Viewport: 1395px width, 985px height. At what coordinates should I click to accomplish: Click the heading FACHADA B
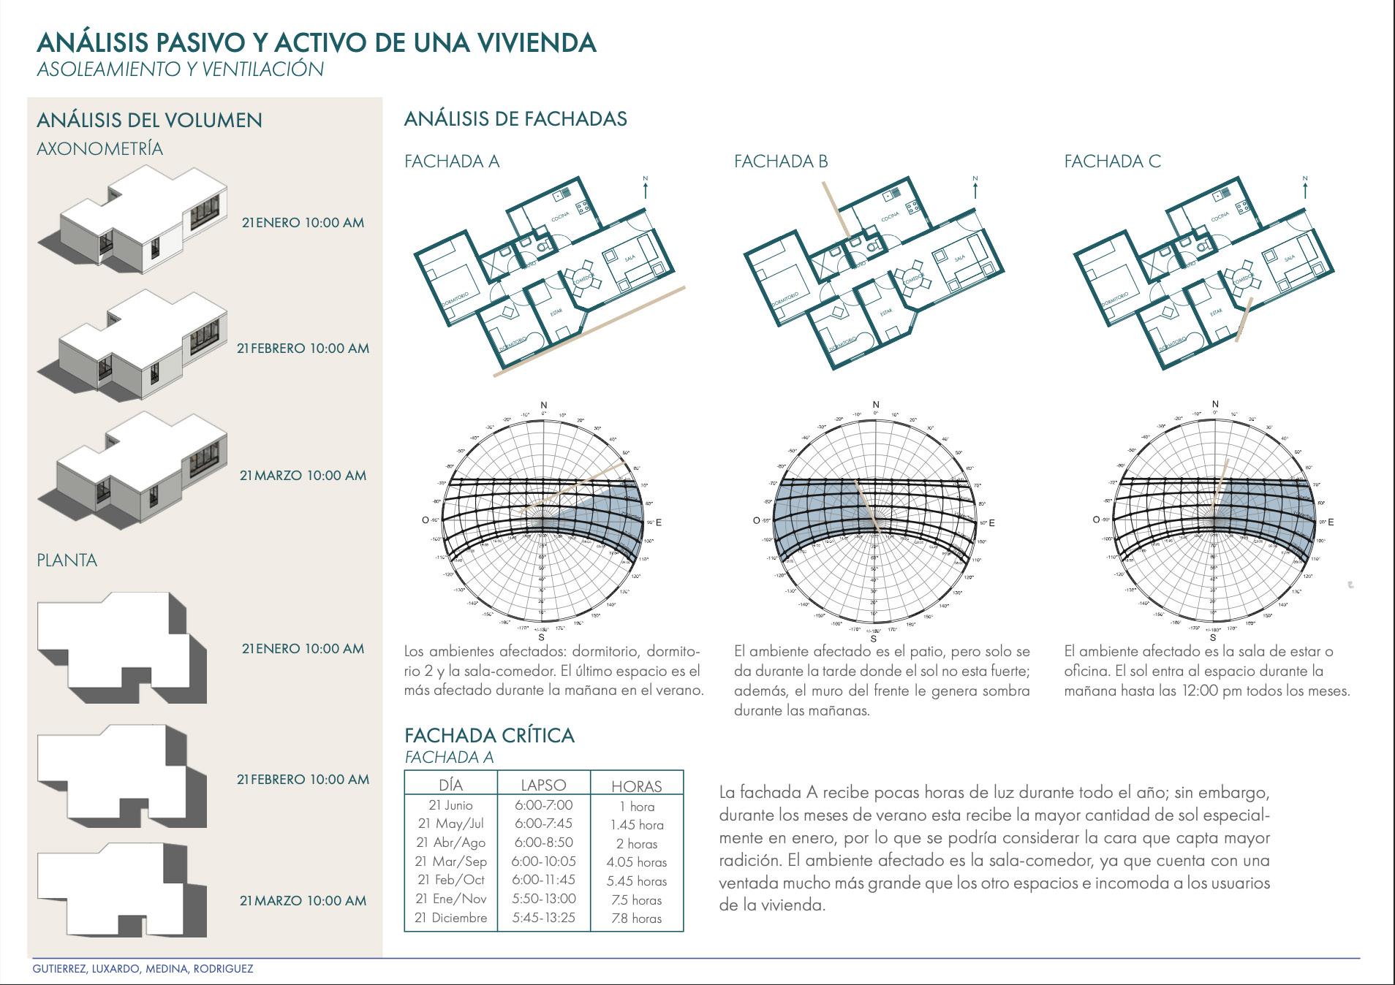point(781,161)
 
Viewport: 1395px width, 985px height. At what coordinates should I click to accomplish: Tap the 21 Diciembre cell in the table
point(450,918)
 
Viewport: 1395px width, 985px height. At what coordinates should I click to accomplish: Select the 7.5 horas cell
point(636,900)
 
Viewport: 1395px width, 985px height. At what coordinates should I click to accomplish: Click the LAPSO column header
point(543,786)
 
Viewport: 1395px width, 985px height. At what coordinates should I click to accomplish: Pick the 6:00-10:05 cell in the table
point(543,862)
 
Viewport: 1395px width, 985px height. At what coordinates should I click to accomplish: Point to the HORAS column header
point(636,786)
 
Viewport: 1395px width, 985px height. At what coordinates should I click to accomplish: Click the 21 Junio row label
point(450,805)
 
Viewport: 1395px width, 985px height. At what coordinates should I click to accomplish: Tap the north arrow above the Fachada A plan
point(646,189)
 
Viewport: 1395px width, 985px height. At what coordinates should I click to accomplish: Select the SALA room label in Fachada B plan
point(960,258)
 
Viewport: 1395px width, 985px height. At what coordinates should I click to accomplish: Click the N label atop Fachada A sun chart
point(543,405)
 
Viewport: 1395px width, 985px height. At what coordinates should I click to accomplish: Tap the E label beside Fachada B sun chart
point(991,523)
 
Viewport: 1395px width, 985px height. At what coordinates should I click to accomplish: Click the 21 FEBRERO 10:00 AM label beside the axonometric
point(303,349)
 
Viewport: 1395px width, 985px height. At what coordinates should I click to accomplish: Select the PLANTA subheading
point(67,560)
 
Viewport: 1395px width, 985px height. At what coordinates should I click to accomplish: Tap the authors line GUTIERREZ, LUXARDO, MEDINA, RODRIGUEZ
point(143,969)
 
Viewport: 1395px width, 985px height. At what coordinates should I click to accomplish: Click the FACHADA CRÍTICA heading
point(489,735)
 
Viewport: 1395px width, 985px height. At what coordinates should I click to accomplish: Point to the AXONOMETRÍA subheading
point(99,149)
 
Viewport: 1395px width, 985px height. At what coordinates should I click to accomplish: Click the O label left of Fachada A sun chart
point(426,520)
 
